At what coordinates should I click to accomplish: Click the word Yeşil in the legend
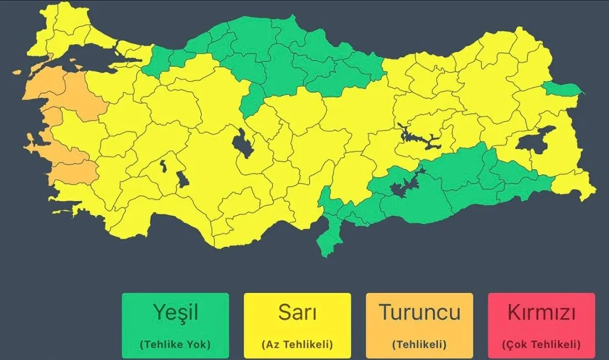175,312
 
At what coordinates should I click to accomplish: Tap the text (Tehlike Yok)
175,344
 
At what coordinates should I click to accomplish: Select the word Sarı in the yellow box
297,312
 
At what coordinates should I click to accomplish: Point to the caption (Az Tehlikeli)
297,344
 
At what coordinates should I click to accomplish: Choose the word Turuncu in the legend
419,312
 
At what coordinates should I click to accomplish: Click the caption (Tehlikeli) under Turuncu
419,344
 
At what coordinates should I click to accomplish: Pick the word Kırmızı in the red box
541,312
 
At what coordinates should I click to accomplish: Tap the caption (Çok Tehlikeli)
541,344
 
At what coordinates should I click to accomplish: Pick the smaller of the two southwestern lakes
163,164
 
